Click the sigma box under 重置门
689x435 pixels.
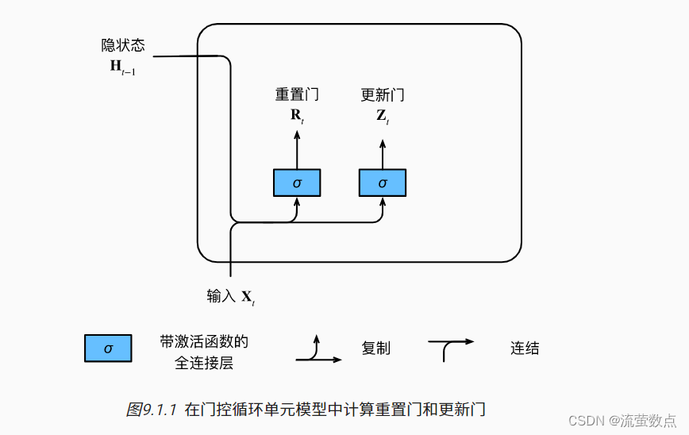297,183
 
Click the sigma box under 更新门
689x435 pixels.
383,183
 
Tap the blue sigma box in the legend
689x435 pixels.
109,348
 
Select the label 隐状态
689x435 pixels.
123,45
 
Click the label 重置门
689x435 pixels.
297,94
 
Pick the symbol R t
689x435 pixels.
297,115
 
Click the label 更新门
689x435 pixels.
383,94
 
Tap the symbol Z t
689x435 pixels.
383,115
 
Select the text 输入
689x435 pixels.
221,296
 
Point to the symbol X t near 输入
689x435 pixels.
248,298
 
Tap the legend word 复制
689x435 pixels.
375,348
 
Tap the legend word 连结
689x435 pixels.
525,348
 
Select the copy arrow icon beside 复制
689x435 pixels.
318,350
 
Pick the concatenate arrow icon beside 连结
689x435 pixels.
450,348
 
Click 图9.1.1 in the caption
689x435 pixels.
152,410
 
